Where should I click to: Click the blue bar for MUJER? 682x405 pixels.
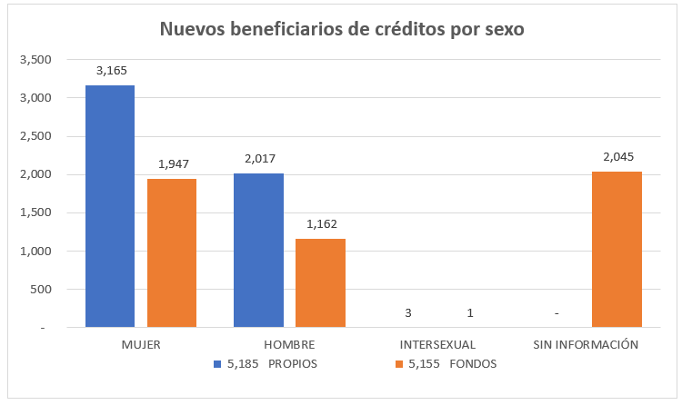pyautogui.click(x=110, y=206)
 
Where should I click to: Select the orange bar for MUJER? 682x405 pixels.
pyautogui.click(x=172, y=252)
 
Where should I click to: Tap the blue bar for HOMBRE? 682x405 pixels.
pyautogui.click(x=258, y=250)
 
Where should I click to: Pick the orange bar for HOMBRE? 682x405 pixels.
pyautogui.click(x=320, y=282)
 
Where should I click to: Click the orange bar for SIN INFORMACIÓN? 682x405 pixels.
pyautogui.click(x=617, y=249)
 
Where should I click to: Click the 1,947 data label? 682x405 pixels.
pyautogui.click(x=173, y=164)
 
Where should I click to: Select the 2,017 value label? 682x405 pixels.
pyautogui.click(x=259, y=159)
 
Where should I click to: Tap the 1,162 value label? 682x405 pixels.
pyautogui.click(x=321, y=224)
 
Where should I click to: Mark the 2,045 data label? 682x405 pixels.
pyautogui.click(x=617, y=157)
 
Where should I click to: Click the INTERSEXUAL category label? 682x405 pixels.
pyautogui.click(x=437, y=345)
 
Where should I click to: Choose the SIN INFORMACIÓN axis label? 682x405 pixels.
pyautogui.click(x=585, y=345)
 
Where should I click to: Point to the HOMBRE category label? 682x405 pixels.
pyautogui.click(x=289, y=345)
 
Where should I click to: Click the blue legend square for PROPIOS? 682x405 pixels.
pyautogui.click(x=217, y=364)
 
